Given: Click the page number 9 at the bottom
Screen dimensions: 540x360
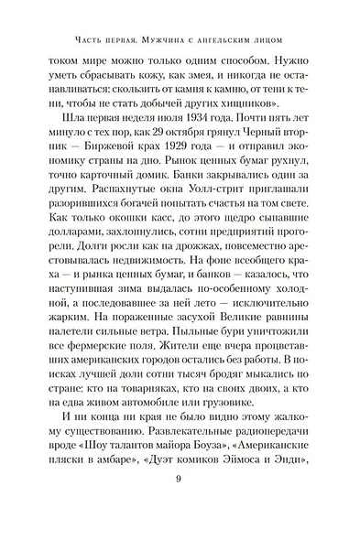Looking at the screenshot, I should (x=180, y=502).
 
